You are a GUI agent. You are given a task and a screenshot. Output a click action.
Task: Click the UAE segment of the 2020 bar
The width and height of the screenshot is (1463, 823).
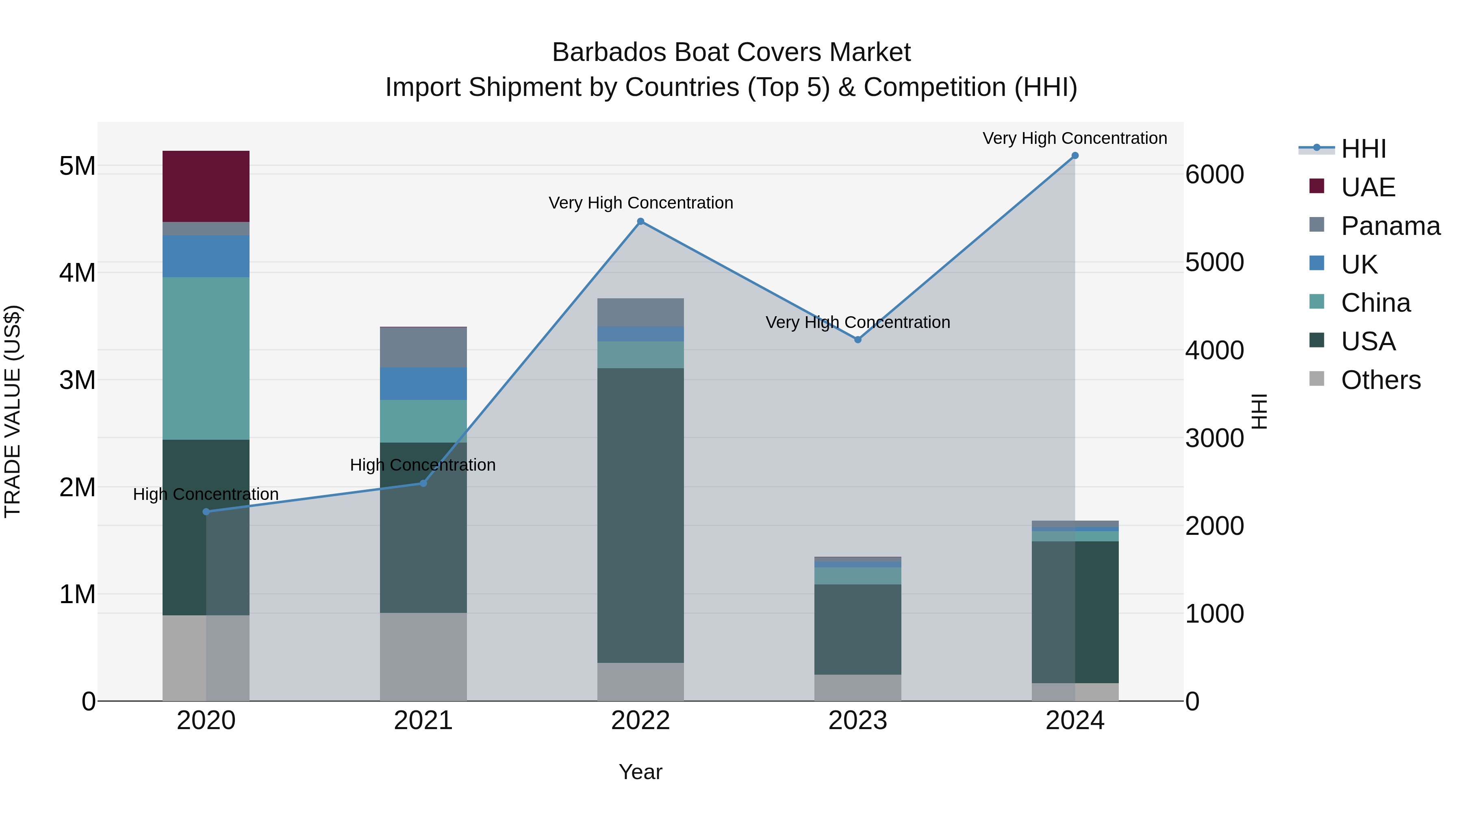coord(206,186)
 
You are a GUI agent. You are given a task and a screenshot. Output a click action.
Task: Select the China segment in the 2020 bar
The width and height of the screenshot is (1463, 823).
coord(206,358)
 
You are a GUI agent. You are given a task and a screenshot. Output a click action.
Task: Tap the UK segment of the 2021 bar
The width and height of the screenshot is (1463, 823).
coord(423,383)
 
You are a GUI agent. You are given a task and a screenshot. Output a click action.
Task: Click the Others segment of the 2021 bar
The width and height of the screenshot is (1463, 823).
coord(423,657)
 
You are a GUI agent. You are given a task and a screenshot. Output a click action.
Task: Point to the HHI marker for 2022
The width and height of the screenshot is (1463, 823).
coord(640,221)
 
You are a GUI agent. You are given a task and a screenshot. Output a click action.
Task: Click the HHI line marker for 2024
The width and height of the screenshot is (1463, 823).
coord(1074,156)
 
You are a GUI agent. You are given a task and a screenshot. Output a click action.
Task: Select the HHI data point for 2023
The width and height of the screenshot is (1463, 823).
coord(857,340)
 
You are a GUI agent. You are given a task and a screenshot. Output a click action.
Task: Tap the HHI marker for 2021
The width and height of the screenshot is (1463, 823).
coord(423,483)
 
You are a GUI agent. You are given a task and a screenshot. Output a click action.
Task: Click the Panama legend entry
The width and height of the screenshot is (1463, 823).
coord(1390,226)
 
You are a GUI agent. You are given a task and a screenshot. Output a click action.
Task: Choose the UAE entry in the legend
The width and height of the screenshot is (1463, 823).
coord(1367,187)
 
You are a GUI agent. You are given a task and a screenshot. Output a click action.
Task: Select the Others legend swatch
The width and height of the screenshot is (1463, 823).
coord(1316,379)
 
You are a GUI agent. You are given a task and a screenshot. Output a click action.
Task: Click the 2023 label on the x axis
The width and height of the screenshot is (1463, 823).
coord(857,721)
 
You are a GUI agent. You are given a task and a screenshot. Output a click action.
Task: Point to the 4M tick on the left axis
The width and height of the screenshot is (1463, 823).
coord(77,273)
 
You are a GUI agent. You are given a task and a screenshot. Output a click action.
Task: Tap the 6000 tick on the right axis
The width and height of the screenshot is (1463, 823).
coord(1214,174)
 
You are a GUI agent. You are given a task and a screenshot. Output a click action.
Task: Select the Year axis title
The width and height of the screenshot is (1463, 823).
coord(640,772)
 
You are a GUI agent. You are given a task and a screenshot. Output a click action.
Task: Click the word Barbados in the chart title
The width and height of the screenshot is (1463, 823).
coord(608,53)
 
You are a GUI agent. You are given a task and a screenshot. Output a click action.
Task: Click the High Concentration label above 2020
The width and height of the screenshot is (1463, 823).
coord(206,494)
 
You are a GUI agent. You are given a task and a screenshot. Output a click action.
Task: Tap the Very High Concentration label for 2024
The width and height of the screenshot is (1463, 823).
coord(1074,138)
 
